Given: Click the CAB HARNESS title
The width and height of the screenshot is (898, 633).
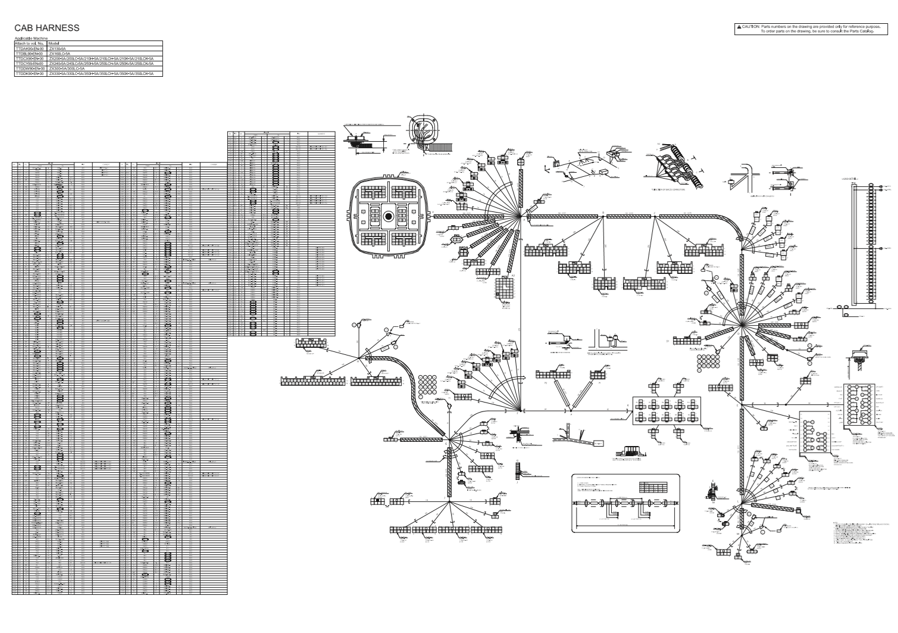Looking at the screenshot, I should (47, 28).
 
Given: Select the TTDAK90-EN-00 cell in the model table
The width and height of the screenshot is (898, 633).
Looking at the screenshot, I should (29, 49).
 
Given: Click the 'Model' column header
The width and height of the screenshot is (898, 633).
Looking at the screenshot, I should (54, 43).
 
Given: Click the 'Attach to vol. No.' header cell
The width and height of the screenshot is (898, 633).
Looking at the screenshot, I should (29, 43).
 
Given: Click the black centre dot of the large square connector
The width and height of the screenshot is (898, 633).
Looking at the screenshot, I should (389, 216).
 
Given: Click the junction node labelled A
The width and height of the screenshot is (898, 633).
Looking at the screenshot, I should (522, 216).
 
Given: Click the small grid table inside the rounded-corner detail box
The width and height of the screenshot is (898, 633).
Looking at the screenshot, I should (649, 487).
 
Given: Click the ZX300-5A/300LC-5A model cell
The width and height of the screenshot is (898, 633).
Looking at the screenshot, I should (67, 68).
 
